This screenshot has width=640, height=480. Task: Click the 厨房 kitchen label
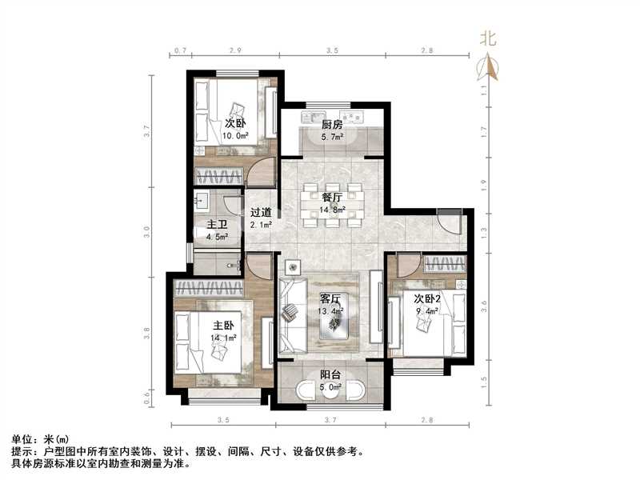[332, 125]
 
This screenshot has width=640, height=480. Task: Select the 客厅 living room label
[331, 298]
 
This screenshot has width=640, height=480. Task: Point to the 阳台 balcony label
[330, 373]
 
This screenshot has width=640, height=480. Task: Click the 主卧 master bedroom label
[223, 326]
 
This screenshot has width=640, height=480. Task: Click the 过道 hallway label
[260, 213]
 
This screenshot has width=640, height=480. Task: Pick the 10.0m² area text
[234, 135]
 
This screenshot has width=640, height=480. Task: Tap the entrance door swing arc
[450, 222]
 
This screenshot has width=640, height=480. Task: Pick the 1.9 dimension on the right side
[483, 182]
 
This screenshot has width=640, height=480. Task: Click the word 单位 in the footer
[22, 440]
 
